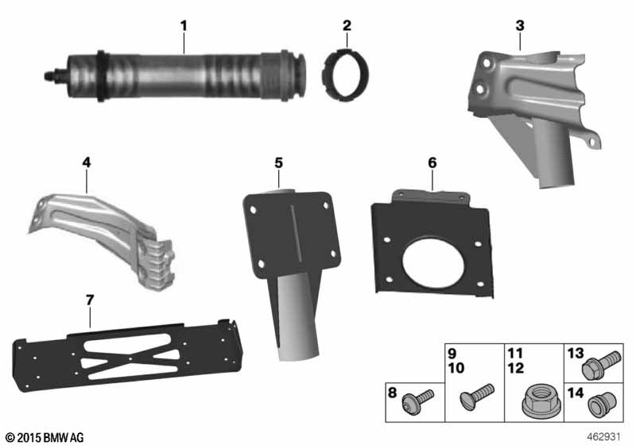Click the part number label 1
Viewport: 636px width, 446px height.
[184, 26]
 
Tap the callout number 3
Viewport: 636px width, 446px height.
[520, 25]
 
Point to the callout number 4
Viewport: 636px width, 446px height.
[87, 162]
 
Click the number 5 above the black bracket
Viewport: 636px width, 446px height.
[278, 163]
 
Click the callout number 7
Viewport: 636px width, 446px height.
[90, 300]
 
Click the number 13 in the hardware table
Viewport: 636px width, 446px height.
[576, 354]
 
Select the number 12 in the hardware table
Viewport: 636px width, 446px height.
[515, 368]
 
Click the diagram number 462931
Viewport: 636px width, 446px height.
[604, 437]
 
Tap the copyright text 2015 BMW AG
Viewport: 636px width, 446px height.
[51, 437]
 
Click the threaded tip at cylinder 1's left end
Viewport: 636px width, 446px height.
[50, 75]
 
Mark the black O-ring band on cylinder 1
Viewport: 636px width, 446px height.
[101, 76]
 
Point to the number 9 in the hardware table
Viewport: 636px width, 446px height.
[452, 354]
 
